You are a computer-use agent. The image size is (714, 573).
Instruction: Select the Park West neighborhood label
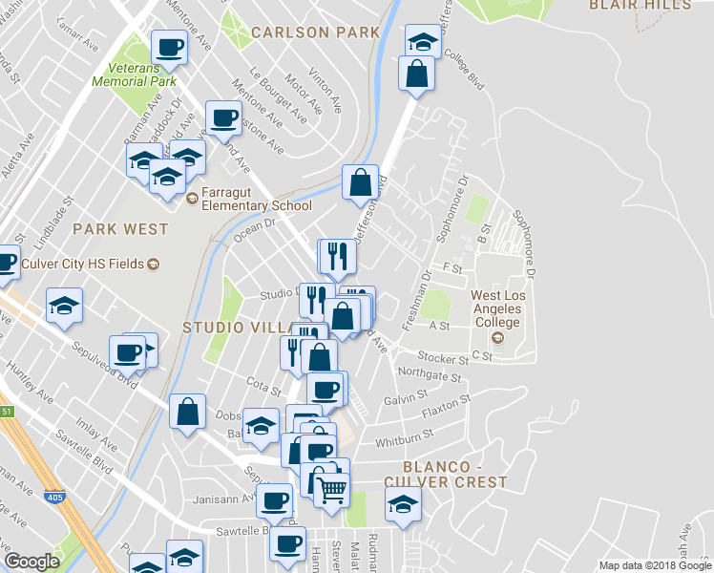(120, 229)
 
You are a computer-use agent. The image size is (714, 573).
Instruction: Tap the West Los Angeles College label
(497, 309)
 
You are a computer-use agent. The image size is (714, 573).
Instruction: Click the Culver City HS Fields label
(85, 264)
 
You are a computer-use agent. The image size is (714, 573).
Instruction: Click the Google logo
(31, 562)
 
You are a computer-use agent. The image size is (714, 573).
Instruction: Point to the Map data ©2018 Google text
(655, 565)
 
